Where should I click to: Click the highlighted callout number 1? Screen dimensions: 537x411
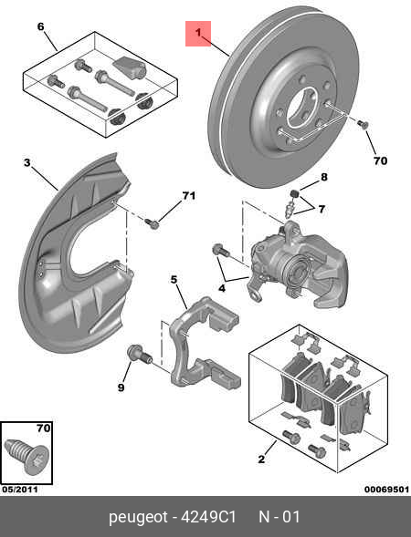pyautogui.click(x=197, y=34)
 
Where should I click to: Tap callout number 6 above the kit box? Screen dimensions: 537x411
pyautogui.click(x=40, y=26)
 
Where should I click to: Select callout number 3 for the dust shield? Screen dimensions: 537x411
pyautogui.click(x=27, y=164)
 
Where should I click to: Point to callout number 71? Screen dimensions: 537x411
pyautogui.click(x=189, y=196)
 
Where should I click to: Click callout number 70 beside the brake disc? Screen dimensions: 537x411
pyautogui.click(x=380, y=160)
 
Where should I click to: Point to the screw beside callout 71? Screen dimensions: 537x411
pyautogui.click(x=153, y=222)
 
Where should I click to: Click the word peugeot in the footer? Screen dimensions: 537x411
pyautogui.click(x=138, y=517)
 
